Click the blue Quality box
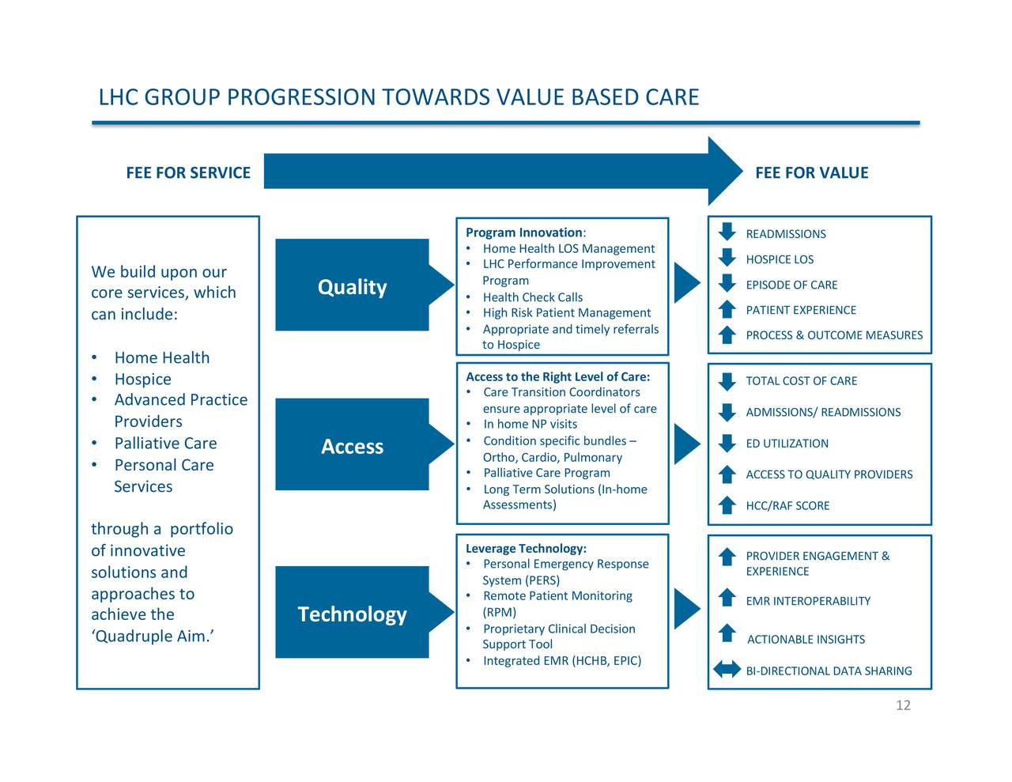tap(353, 286)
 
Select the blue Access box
tap(353, 446)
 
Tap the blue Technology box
tap(353, 614)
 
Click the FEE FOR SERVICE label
tap(188, 173)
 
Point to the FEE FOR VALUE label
tap(811, 173)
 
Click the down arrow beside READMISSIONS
tap(727, 232)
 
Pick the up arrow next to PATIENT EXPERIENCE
tap(727, 309)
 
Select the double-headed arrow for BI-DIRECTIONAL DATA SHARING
tap(727, 670)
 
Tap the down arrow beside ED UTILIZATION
tap(727, 443)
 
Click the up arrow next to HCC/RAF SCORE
tap(727, 504)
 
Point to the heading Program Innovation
tap(524, 232)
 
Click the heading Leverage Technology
tap(526, 549)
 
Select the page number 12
tap(903, 705)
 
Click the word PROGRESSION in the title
tap(300, 97)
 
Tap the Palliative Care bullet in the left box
tap(165, 444)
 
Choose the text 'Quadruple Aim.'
tap(153, 637)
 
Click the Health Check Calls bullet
tap(532, 297)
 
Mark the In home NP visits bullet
tap(530, 425)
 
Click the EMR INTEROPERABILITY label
tap(808, 601)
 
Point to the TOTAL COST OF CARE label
tap(801, 381)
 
